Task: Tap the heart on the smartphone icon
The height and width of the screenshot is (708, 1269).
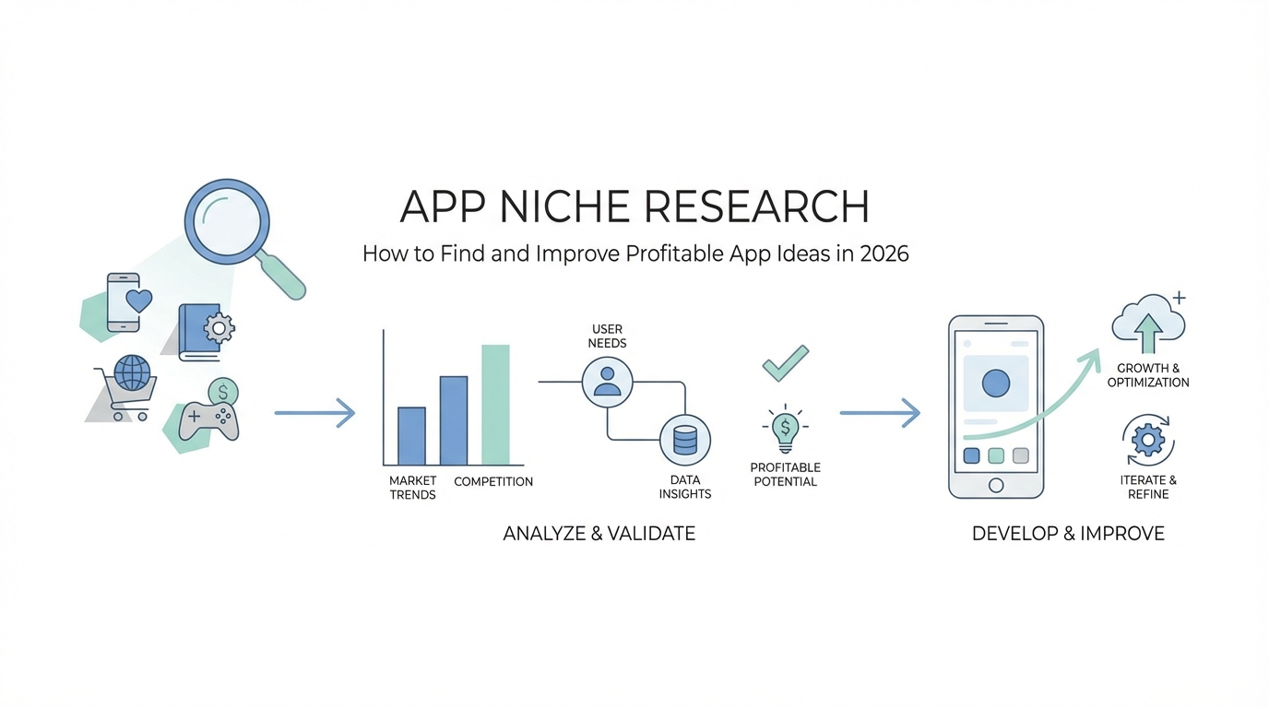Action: coord(138,301)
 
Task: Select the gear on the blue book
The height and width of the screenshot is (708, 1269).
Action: coord(219,328)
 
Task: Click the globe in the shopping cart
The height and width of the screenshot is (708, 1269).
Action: coord(132,372)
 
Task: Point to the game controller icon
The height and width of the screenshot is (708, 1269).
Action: coord(208,420)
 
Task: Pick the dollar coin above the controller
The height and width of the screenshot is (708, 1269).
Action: coord(223,392)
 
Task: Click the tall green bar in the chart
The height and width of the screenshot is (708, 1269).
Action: coord(496,405)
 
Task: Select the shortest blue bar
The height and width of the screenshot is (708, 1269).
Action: coord(412,436)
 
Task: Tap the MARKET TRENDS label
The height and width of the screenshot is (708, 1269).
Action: coord(412,488)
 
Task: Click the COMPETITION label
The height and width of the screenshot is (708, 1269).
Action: coord(493,481)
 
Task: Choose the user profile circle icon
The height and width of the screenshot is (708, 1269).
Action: coord(608,382)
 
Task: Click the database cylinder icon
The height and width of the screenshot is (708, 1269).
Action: coord(685,440)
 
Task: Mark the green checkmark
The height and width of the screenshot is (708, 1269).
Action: coord(786,363)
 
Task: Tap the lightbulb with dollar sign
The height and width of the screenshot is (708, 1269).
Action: coord(785,429)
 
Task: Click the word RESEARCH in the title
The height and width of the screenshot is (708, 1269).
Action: coord(757,206)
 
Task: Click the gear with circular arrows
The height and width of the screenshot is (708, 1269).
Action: coord(1148,440)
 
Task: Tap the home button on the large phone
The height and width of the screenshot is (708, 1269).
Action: coord(996,486)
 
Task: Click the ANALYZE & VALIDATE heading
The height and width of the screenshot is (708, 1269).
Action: coord(599,534)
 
